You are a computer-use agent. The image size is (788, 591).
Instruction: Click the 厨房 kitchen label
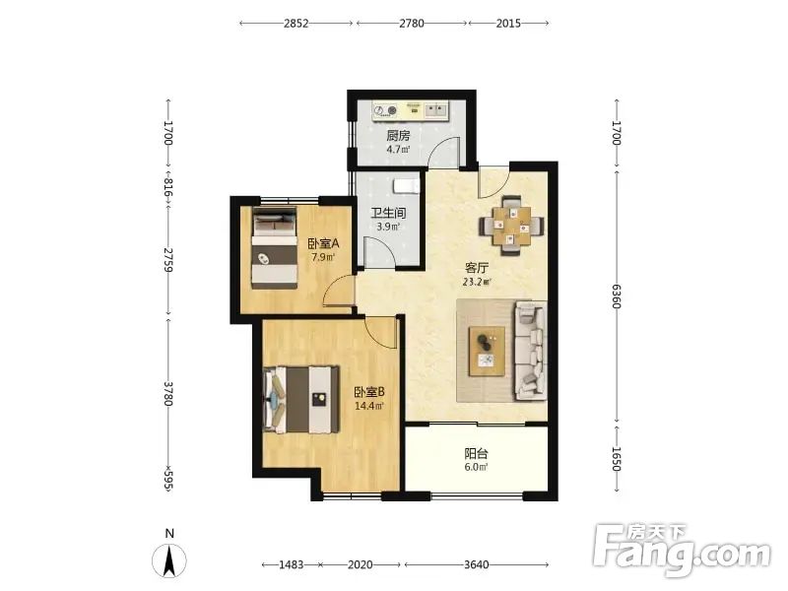[x=398, y=136]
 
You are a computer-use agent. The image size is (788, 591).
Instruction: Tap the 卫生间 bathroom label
[x=388, y=213]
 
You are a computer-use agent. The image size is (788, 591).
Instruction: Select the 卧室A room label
[x=324, y=244]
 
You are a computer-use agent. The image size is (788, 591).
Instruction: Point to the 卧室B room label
[x=369, y=392]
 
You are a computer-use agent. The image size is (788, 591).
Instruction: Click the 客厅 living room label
[x=477, y=268]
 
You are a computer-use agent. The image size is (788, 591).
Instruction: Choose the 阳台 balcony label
[x=476, y=454]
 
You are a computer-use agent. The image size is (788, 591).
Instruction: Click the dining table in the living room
[x=511, y=226]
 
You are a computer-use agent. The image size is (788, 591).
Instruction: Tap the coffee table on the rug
[x=487, y=351]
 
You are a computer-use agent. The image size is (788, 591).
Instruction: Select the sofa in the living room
[x=530, y=351]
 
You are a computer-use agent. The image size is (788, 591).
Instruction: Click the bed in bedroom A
[x=275, y=247]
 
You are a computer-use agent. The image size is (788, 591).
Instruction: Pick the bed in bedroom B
[x=300, y=400]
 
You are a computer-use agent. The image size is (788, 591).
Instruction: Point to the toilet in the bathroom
[x=406, y=185]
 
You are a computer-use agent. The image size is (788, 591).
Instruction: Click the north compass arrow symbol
[x=169, y=559]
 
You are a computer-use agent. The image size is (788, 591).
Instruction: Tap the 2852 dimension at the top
[x=295, y=23]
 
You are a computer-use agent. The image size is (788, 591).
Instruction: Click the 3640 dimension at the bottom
[x=476, y=564]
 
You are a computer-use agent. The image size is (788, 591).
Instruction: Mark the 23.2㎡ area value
[x=476, y=282]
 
